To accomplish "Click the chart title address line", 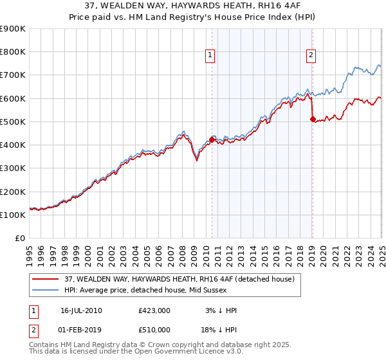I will [192, 6].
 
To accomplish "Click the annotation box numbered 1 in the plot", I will [210, 56].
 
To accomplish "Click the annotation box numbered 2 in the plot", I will [311, 56].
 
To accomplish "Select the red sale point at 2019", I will [313, 119].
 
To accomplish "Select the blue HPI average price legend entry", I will [151, 291].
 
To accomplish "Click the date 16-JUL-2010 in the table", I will [81, 310].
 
